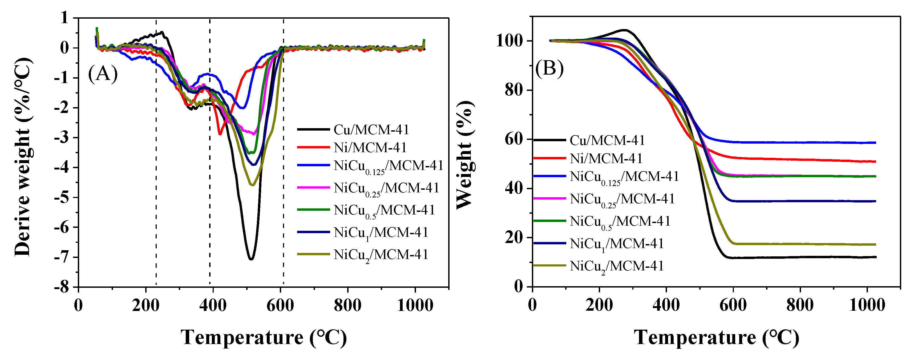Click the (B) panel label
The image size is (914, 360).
[x=549, y=68]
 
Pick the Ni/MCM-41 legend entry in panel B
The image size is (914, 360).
[x=606, y=158]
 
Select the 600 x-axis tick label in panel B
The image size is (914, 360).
[x=733, y=305]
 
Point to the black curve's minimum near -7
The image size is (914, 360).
[x=251, y=259]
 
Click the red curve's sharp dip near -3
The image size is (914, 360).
[x=220, y=134]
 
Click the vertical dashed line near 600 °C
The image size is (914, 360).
[x=284, y=160]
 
